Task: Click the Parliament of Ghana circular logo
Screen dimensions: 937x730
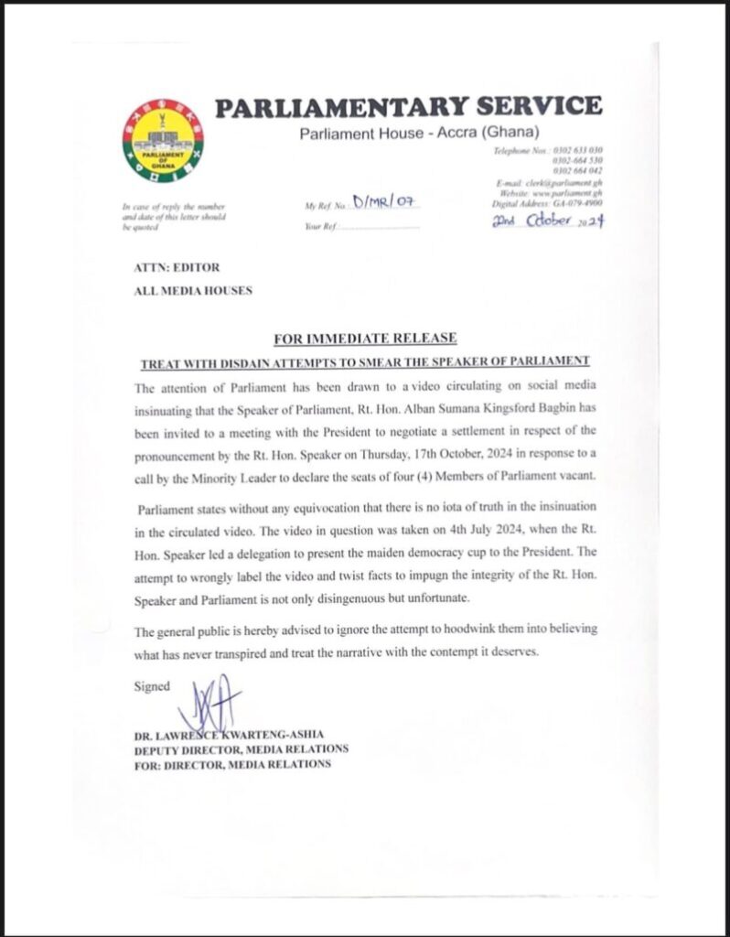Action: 163,141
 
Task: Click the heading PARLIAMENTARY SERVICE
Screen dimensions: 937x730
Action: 408,106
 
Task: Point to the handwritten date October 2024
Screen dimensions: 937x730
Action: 548,221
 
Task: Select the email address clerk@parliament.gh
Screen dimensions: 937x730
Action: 562,183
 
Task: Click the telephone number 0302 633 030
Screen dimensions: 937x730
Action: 576,150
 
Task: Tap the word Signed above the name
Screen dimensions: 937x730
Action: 152,686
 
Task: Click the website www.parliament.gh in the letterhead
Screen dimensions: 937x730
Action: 567,194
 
